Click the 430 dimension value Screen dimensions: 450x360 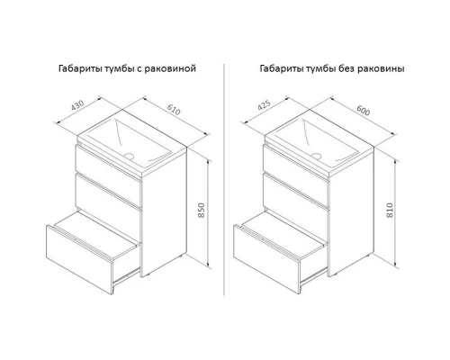point(77,104)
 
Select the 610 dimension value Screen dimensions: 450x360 point(174,110)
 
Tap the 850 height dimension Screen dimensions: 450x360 point(202,211)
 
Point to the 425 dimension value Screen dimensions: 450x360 point(265,104)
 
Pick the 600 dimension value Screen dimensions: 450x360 point(364,111)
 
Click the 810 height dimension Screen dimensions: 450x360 point(390,210)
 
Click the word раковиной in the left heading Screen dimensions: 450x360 point(170,68)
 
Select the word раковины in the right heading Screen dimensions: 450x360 point(381,68)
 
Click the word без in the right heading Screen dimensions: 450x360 point(346,68)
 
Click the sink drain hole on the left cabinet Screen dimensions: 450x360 point(129,156)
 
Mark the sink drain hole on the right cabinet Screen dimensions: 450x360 point(316,156)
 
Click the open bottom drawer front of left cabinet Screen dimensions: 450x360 point(79,259)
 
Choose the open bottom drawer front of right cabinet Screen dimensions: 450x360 point(267,259)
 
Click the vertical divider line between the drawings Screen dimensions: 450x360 point(224,180)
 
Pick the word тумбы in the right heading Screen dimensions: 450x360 point(320,69)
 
